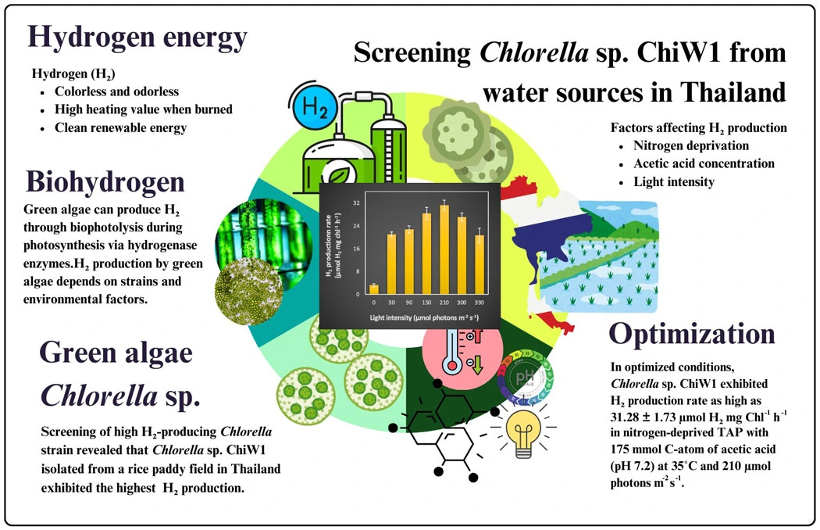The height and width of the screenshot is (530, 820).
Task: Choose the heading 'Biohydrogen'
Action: (105, 181)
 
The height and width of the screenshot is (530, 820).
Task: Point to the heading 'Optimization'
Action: (692, 334)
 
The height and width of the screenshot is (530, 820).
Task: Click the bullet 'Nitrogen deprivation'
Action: (692, 145)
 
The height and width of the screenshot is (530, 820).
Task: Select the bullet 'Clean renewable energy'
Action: (120, 127)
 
